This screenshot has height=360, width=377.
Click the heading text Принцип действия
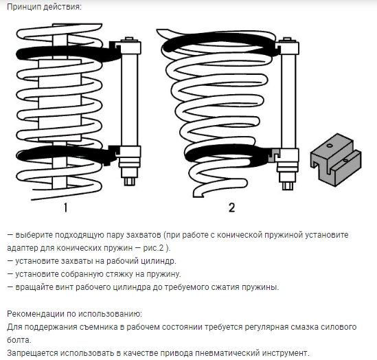click(x=44, y=7)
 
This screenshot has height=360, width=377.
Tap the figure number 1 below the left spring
click(x=65, y=207)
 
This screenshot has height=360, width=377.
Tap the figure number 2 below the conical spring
click(x=231, y=207)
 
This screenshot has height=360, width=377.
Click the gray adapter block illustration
click(x=336, y=160)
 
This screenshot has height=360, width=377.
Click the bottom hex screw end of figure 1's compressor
click(x=129, y=180)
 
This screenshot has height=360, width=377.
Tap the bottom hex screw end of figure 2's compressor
click(x=288, y=185)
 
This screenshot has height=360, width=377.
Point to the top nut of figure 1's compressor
click(x=129, y=40)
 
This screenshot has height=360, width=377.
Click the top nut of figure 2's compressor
click(x=288, y=40)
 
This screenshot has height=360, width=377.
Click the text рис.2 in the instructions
click(x=153, y=248)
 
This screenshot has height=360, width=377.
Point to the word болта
click(x=19, y=340)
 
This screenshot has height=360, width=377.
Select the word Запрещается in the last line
click(x=32, y=353)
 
